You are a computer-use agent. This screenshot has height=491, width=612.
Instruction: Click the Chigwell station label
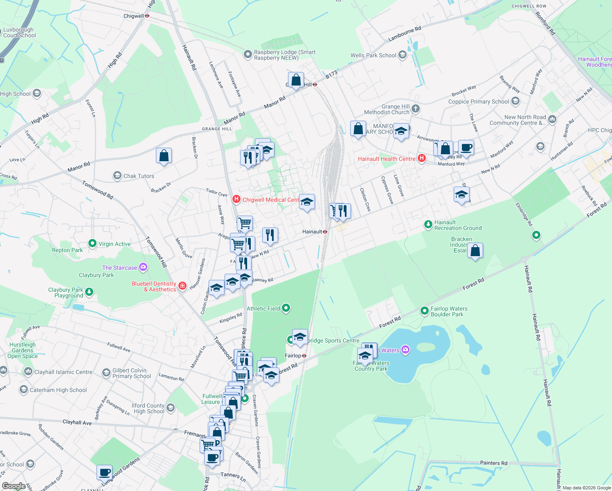point(134,16)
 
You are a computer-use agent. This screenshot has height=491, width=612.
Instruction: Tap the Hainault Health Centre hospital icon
point(421,158)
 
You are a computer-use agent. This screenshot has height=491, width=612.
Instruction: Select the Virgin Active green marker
point(92,243)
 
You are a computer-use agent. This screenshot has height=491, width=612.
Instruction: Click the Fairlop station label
point(293,356)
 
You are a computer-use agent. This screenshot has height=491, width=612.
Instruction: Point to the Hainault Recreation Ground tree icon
point(428,224)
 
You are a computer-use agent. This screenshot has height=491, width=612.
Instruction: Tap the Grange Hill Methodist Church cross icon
point(416,108)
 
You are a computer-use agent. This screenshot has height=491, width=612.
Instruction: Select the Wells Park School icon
point(403,55)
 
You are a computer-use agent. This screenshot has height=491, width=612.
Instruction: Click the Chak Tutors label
point(139,176)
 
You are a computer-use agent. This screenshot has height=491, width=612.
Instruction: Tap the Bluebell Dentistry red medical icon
point(182,286)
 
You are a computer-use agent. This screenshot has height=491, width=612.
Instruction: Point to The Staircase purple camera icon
point(143,267)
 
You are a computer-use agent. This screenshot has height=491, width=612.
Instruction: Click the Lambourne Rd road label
point(405,34)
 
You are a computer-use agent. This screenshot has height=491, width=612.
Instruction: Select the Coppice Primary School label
point(478,101)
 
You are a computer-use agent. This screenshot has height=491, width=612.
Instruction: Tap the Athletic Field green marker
point(286,308)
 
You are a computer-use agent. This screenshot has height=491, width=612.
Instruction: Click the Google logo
point(13,486)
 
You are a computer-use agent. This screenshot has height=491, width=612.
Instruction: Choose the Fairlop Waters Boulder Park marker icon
point(425,311)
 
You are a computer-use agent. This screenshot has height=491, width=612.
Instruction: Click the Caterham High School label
point(58,390)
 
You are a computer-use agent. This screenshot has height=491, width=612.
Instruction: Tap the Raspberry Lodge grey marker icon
point(248,54)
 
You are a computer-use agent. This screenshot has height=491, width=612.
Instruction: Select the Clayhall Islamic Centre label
point(63,372)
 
